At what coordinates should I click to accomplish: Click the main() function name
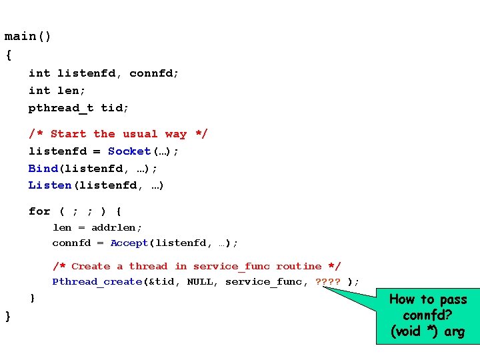(x=28, y=37)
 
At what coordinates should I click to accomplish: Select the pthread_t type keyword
(x=61, y=107)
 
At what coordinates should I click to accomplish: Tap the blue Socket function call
(x=129, y=151)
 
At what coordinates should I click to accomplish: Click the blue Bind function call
(x=43, y=168)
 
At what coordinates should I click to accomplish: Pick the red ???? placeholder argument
(x=327, y=281)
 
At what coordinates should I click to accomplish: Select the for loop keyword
(x=39, y=211)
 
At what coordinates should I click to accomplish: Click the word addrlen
(x=117, y=227)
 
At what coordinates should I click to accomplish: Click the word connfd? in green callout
(x=427, y=315)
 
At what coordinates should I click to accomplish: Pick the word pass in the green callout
(x=453, y=299)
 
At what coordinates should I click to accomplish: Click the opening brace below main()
(x=8, y=55)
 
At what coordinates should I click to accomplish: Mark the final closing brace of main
(x=8, y=315)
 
